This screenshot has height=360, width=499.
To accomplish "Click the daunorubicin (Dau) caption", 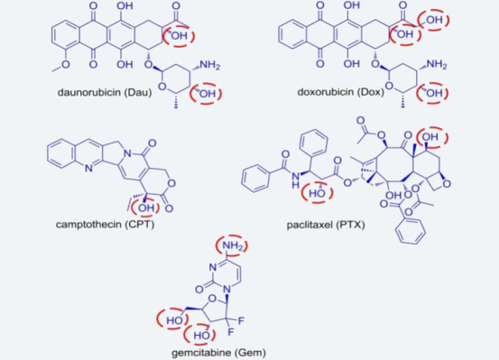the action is point(105,93).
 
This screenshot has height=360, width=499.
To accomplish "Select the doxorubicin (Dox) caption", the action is point(340,92).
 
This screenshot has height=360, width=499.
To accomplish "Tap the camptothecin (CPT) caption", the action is point(105,225).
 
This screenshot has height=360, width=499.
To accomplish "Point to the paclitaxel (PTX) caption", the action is point(326,225).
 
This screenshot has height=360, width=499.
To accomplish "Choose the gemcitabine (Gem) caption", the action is point(218,353).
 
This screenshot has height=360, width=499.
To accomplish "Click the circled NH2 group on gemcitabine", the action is point(232,245).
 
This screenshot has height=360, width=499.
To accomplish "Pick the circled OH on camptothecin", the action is point(146,208).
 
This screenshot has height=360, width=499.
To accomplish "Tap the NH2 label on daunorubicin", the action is point(209,65).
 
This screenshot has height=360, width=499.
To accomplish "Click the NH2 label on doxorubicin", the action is point(437,65).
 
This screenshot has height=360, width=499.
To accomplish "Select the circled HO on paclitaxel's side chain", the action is point(318,193).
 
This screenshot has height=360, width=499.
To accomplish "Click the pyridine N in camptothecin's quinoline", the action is point(88,168).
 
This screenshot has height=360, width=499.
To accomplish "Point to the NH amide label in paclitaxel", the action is point(296,180).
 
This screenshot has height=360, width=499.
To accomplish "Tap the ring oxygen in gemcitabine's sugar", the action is point(212,299).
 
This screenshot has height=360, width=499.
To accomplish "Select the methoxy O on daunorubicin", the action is point(66,65).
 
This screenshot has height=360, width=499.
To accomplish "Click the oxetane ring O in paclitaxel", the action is point(447,184).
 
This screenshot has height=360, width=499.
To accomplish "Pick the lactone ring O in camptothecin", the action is point(171,183).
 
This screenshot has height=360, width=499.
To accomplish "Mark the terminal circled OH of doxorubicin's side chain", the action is point(433,20).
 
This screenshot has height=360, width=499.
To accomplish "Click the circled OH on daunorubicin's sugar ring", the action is point(206,94).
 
